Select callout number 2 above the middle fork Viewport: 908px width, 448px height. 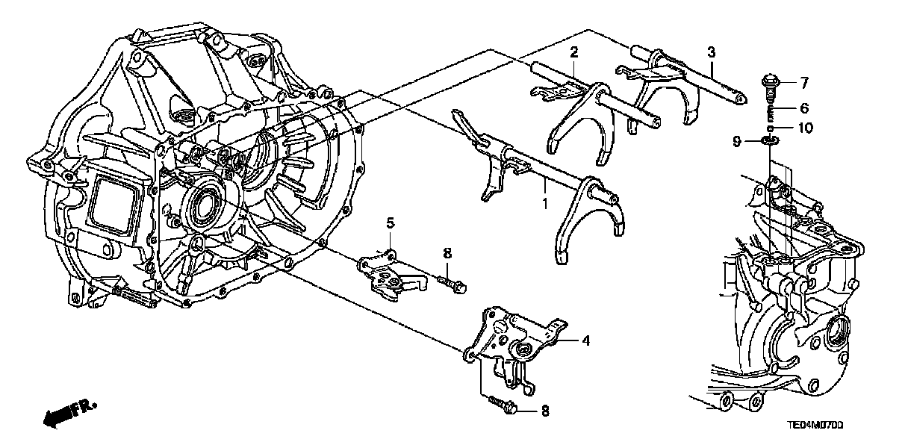pos(573,52)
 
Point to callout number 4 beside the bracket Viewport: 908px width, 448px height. pos(585,342)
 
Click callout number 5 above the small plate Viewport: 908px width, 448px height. pos(389,222)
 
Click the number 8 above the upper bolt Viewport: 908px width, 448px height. pos(447,254)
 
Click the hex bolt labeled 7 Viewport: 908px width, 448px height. pos(768,81)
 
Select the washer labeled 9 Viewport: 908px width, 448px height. pos(768,140)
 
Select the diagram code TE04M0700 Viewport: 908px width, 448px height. pos(813,426)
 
